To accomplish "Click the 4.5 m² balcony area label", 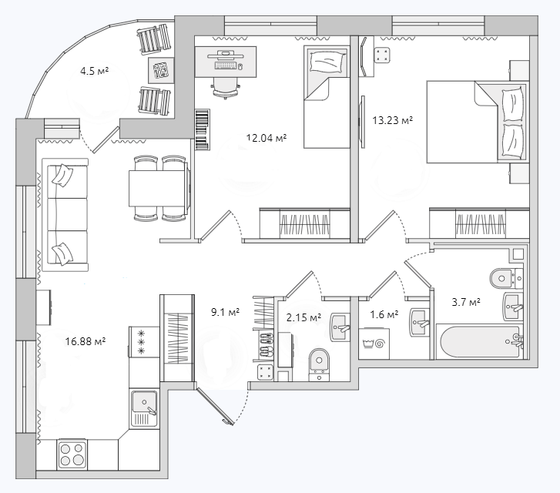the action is point(94,71).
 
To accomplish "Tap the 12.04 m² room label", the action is point(267,138).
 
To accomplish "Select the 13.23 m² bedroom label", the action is point(393,120).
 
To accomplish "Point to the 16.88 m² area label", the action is point(85,341).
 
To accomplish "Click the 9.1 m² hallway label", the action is point(225,312).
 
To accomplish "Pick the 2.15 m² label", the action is point(303,317).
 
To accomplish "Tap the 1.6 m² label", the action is point(384,314).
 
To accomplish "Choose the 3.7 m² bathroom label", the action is point(466,302).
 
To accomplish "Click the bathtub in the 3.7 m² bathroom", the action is point(481,341).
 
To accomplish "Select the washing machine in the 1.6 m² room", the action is point(374,344).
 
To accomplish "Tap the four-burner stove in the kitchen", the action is point(72,454).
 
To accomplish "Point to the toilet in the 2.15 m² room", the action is point(319,364).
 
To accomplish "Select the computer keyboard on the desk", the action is point(226,66).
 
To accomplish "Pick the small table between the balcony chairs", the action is point(161,70).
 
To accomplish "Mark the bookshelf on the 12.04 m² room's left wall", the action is point(203,129).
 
